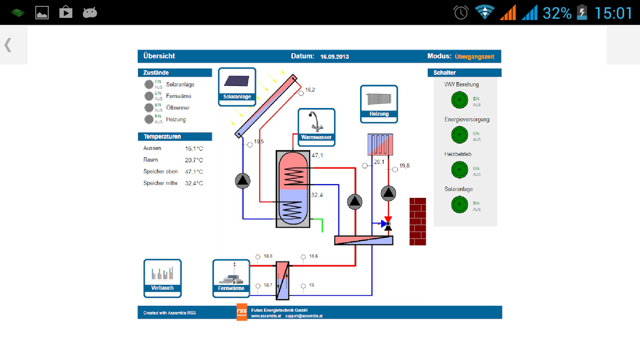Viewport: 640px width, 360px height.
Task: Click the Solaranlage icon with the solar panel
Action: tap(237, 86)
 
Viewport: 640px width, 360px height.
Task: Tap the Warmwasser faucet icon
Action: tap(316, 126)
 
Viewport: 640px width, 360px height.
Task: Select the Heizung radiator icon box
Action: tap(379, 103)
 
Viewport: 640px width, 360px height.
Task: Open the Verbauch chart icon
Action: tap(162, 278)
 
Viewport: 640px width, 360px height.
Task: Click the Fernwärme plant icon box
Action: tap(231, 278)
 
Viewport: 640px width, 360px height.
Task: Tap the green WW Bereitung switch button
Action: tap(460, 99)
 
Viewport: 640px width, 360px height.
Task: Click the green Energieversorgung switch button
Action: tap(460, 135)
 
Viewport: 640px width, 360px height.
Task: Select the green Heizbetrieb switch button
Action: tap(460, 169)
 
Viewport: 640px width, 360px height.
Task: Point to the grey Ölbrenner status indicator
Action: tap(149, 108)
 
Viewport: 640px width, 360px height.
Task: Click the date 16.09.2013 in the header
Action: tap(334, 57)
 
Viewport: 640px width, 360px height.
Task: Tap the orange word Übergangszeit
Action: tap(474, 57)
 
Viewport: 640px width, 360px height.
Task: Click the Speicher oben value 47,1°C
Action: tap(194, 171)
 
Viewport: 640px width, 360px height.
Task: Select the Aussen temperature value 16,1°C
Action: tap(194, 148)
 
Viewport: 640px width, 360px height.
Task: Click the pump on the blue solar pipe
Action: tap(243, 181)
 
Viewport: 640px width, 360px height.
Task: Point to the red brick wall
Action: tap(418, 221)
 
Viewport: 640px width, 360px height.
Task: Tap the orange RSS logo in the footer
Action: tap(242, 312)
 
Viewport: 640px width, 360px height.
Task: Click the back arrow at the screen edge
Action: tap(8, 45)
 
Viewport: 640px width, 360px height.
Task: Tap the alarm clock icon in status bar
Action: tap(461, 13)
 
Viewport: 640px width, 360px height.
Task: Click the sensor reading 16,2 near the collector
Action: tap(310, 90)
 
